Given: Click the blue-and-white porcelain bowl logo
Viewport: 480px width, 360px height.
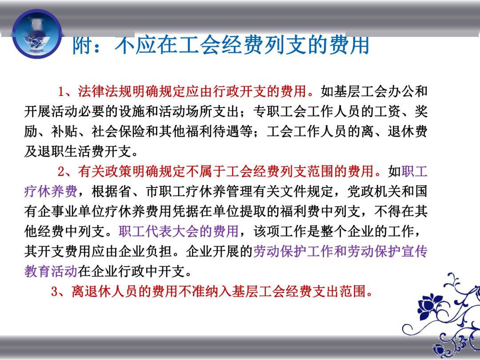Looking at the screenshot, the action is [37, 34].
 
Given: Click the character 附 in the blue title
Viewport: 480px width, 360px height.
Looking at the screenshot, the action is [83, 45].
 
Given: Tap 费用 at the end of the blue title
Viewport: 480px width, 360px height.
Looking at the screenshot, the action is [349, 45].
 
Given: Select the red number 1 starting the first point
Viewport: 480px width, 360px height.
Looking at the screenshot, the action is [61, 91].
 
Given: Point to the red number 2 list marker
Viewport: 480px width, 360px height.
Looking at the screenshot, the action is [61, 171].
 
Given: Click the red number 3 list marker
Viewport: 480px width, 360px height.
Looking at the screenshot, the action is [55, 291].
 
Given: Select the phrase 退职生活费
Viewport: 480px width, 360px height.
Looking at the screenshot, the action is [71, 151].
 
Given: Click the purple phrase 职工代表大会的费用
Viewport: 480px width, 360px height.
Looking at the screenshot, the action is [179, 231].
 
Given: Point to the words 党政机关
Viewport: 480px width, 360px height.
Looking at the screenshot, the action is [374, 191].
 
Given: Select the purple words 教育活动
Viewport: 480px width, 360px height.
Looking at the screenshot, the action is [51, 271].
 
